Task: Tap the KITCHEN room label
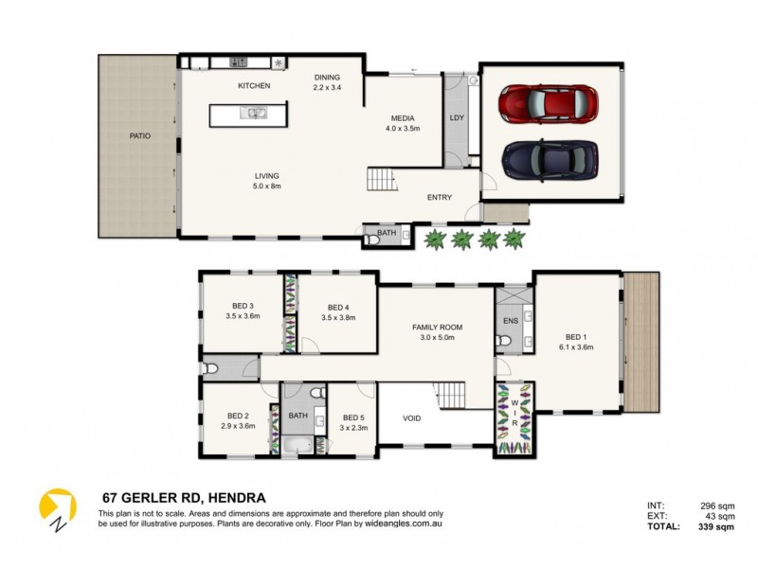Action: click(x=254, y=86)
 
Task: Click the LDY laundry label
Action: click(x=457, y=119)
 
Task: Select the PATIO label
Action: click(x=140, y=136)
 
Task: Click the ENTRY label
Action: click(x=439, y=198)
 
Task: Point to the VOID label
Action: click(x=412, y=417)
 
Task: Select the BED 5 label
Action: click(x=353, y=417)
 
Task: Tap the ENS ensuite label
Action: click(x=510, y=322)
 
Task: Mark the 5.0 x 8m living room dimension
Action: click(x=267, y=186)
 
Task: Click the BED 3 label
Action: click(x=243, y=306)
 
